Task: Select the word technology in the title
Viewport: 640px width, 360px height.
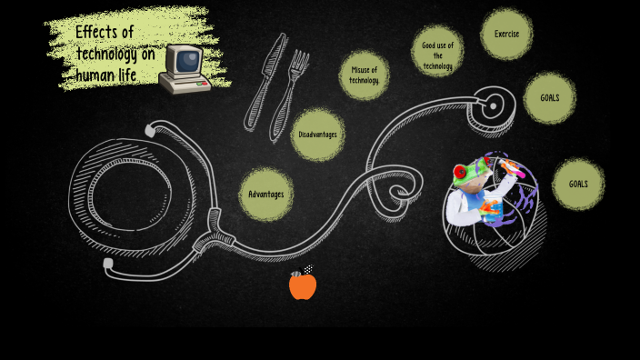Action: pos(105,53)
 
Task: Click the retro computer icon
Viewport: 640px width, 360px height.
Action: pos(185,68)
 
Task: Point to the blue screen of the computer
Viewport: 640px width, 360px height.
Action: pos(188,61)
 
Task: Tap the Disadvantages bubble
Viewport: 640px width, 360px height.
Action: pos(317,135)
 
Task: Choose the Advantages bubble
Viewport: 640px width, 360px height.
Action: pos(265,194)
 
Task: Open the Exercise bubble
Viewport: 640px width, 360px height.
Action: pos(506,35)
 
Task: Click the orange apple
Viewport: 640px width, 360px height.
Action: pos(302,285)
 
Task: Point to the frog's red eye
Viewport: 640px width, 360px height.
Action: pos(461,171)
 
